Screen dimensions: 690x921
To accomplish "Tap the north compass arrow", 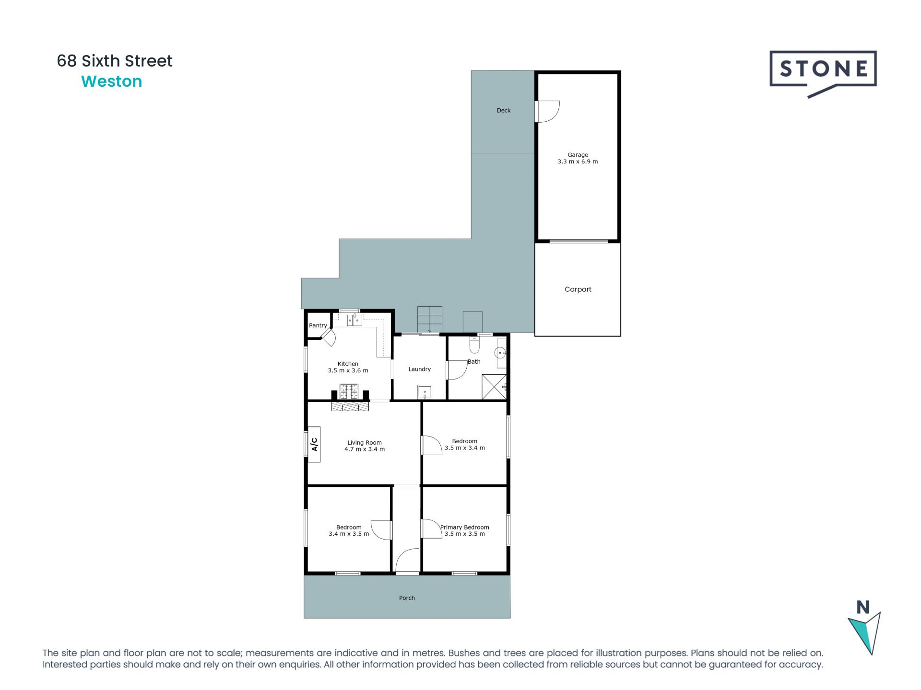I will pyautogui.click(x=865, y=632).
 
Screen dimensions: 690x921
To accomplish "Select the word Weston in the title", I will pyautogui.click(x=112, y=81).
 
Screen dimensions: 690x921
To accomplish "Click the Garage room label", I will pyautogui.click(x=578, y=155).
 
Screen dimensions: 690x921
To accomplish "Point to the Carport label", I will pyautogui.click(x=578, y=289).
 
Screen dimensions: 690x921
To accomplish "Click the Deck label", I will pyautogui.click(x=504, y=111).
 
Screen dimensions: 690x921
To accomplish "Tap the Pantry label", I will pyautogui.click(x=318, y=325).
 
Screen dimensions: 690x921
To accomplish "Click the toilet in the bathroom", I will pyautogui.click(x=474, y=345).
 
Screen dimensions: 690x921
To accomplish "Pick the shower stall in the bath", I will pyautogui.click(x=494, y=387).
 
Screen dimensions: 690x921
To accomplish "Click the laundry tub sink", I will pyautogui.click(x=425, y=392).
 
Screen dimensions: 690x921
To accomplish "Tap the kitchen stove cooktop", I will pyautogui.click(x=349, y=391).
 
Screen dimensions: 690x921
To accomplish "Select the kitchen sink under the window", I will pyautogui.click(x=354, y=320).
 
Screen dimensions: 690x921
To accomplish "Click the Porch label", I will pyautogui.click(x=407, y=598).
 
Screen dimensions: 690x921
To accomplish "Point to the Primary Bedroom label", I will pyautogui.click(x=464, y=527).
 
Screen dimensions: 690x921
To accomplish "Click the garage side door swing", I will pyautogui.click(x=547, y=111).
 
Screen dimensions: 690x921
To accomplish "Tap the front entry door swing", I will pyautogui.click(x=407, y=561).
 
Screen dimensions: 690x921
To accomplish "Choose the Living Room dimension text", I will pyautogui.click(x=365, y=449).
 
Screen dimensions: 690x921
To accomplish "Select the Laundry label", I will pyautogui.click(x=419, y=369).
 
